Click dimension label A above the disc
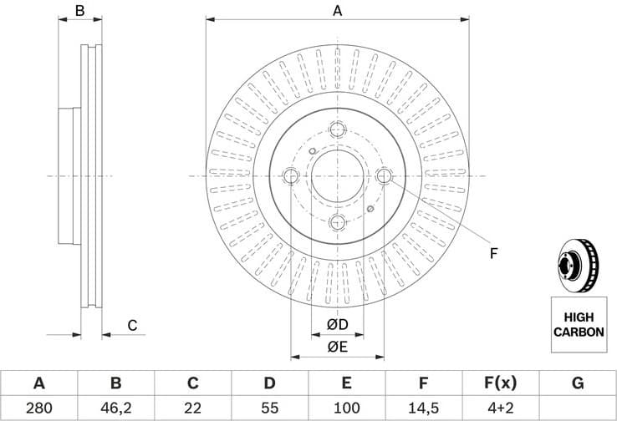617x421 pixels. pos(338,11)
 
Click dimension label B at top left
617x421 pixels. pos(80,11)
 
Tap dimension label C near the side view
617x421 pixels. pos(131,326)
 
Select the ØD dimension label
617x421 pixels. pos(337,324)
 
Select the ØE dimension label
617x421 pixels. pos(337,347)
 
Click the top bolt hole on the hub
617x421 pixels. pos(338,129)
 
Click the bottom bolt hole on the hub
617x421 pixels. pos(338,222)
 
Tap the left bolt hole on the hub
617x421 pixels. pos(291,176)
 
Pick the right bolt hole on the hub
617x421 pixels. pos(385,175)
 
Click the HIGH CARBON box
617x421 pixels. pos(578,324)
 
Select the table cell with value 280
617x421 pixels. pos(38,407)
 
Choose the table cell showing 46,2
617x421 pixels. pos(115,407)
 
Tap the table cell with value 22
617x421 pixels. pos(192,407)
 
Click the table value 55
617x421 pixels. pos(269,407)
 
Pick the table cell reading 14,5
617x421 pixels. pos(424,407)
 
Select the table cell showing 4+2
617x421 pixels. pos(500,407)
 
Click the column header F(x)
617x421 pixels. pos(500,383)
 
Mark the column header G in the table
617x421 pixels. pos(577,383)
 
